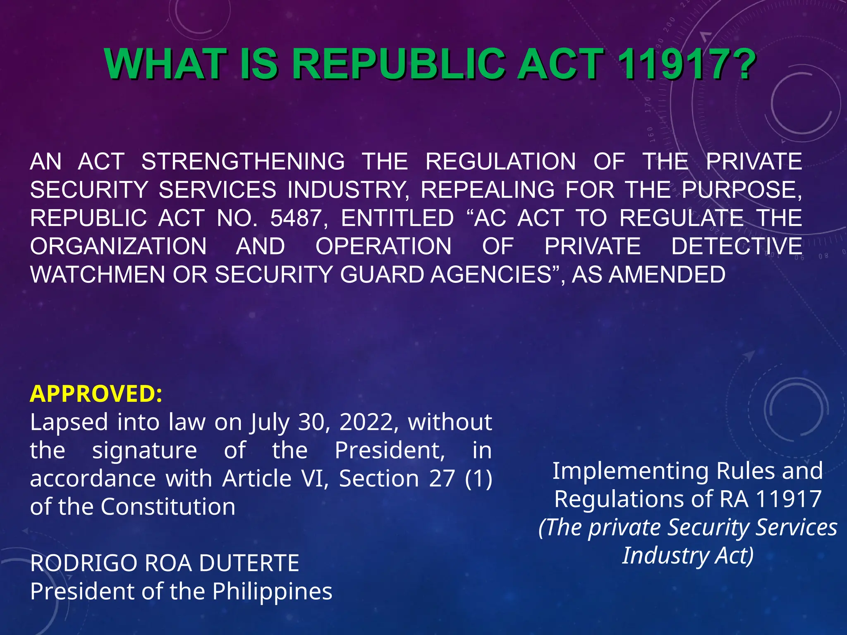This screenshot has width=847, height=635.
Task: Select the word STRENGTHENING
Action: (243, 161)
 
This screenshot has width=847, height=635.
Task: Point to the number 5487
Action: (296, 218)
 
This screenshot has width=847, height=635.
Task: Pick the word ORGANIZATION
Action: (118, 246)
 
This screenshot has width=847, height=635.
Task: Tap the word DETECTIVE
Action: (737, 246)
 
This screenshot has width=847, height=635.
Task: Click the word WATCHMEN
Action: (98, 275)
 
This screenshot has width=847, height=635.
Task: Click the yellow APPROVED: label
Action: (96, 394)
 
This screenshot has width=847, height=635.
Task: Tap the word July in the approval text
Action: (269, 423)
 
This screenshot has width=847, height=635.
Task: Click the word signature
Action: (144, 450)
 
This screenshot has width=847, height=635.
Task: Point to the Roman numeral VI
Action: (313, 479)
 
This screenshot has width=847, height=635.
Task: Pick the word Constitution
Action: (168, 507)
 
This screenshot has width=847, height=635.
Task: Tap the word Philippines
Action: (272, 591)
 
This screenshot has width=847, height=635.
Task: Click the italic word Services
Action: (796, 528)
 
